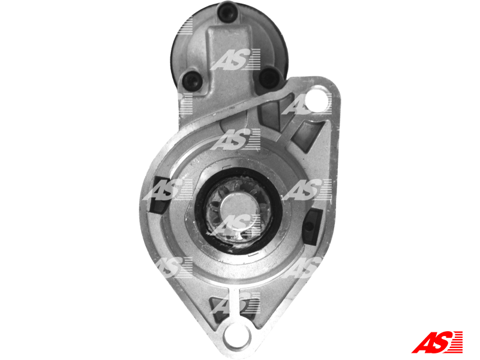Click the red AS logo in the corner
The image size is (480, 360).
pyautogui.click(x=437, y=342)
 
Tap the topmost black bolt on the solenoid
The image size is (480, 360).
pyautogui.click(x=227, y=12)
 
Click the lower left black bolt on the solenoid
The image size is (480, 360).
pyautogui.click(x=192, y=80)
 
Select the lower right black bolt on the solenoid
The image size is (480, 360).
pyautogui.click(x=268, y=77)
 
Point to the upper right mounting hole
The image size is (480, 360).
pyautogui.click(x=316, y=98)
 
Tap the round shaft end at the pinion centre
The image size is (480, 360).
pyautogui.click(x=238, y=208)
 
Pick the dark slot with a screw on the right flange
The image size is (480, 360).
pyautogui.click(x=312, y=227)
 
